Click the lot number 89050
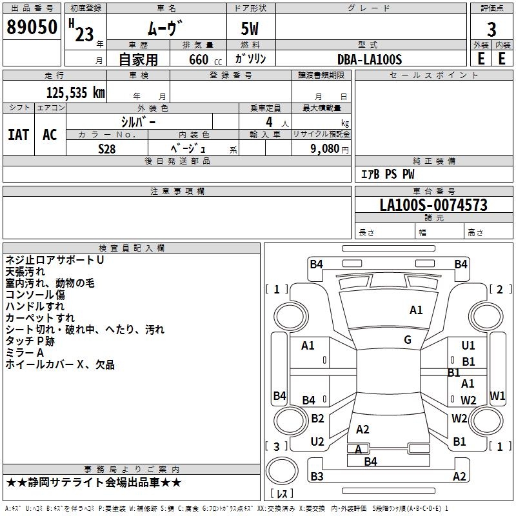click(32, 28)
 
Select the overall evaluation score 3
click(491, 30)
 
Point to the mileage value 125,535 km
click(75, 93)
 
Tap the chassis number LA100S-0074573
click(433, 206)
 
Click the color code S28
click(107, 148)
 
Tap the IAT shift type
click(18, 135)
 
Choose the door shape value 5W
click(250, 29)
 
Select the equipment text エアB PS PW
click(387, 174)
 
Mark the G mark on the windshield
click(408, 340)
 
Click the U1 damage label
click(468, 346)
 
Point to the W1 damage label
click(497, 395)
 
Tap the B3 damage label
click(317, 477)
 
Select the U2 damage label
click(317, 442)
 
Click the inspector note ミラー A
click(25, 353)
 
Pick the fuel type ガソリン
click(251, 59)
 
